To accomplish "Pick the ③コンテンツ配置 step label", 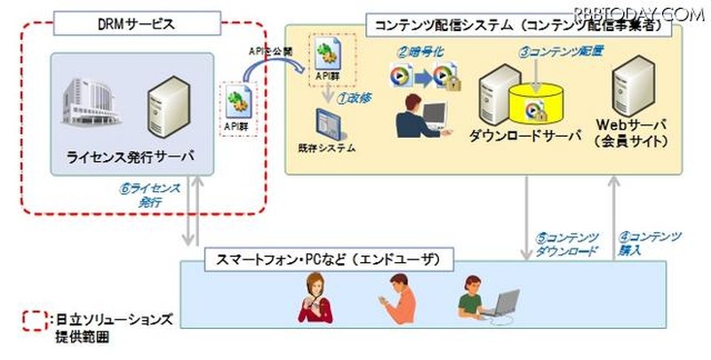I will pos(562,51).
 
